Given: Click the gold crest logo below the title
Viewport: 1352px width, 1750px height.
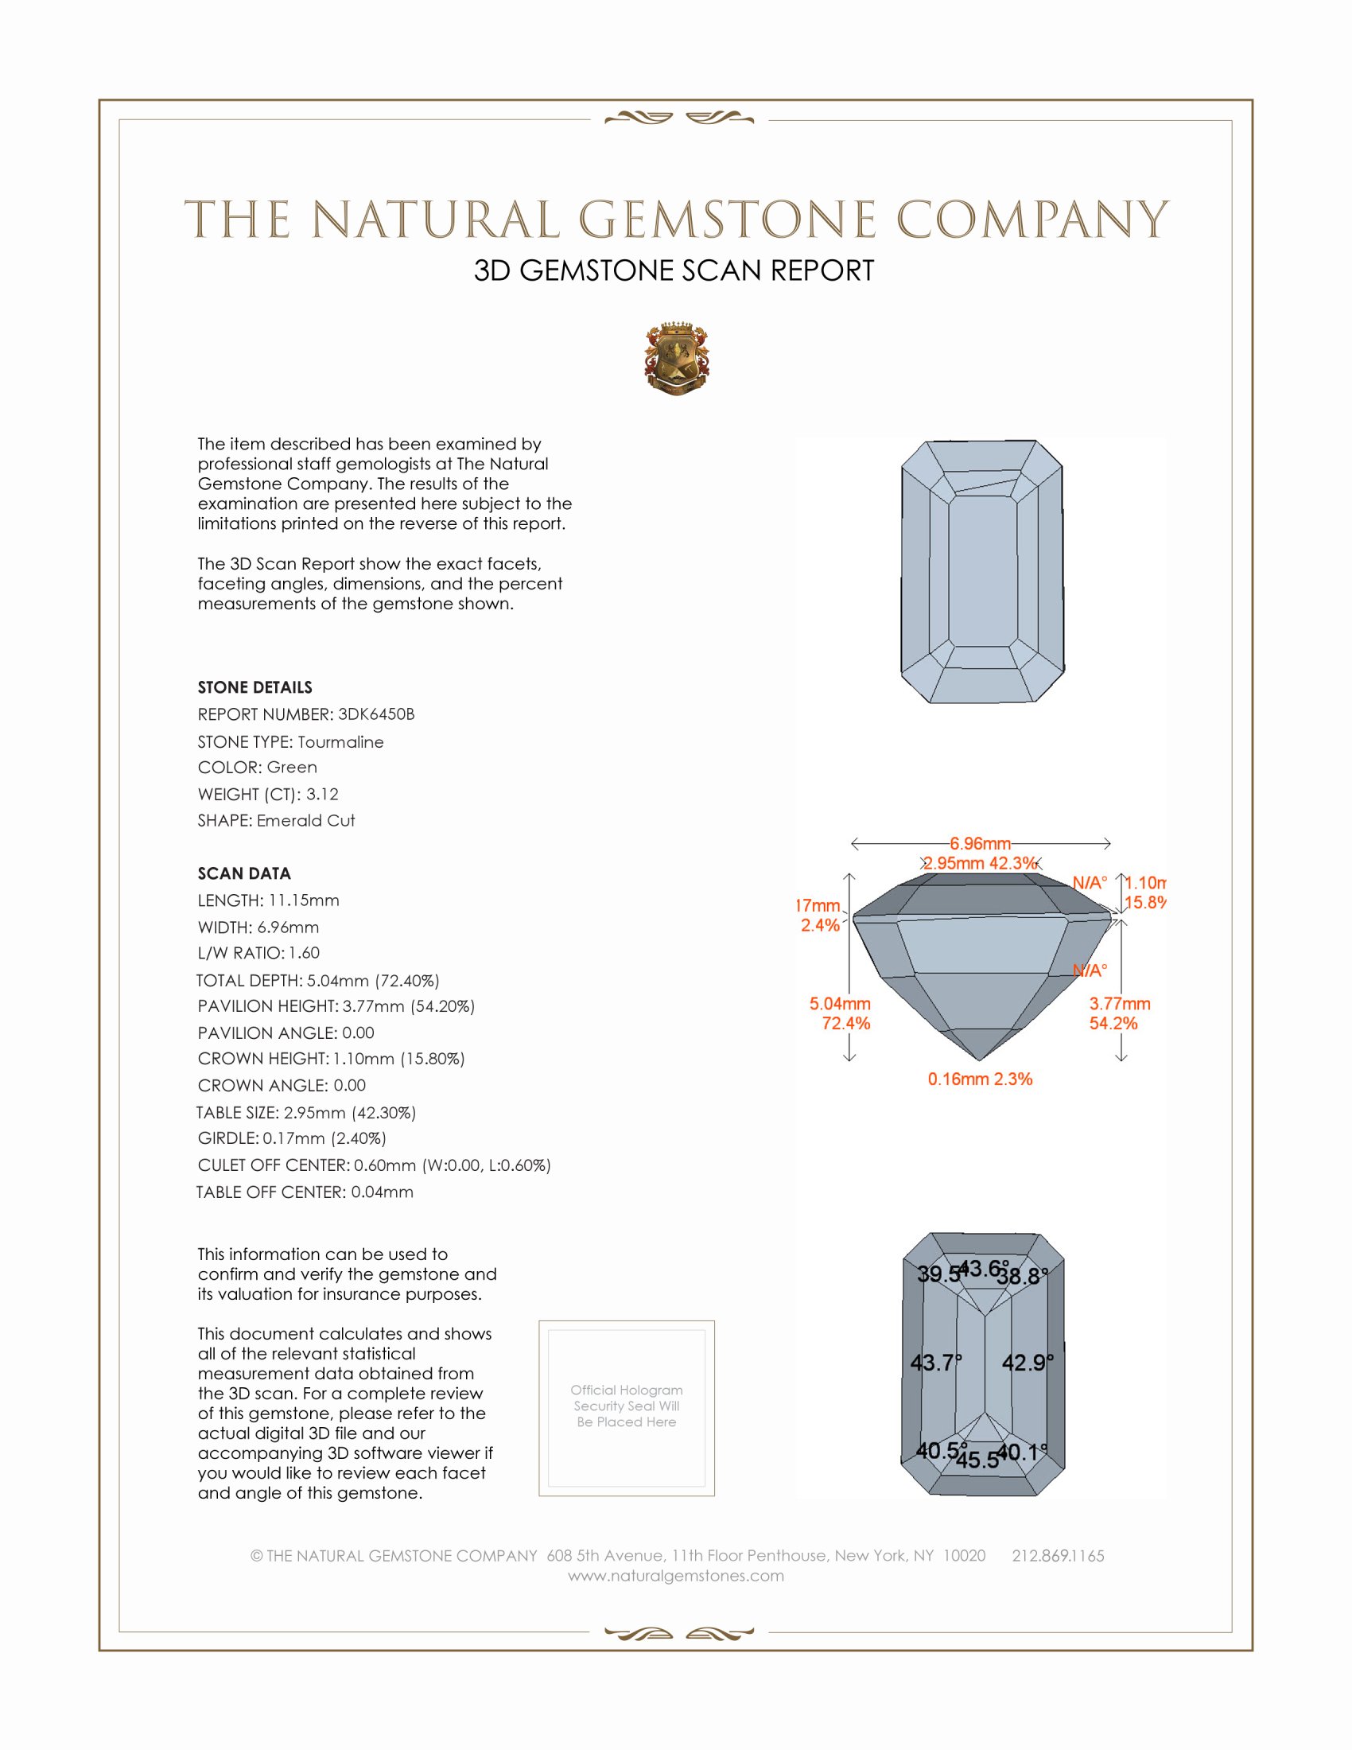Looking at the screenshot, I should click(x=676, y=360).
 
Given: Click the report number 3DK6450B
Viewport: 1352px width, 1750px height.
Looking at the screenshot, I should click(x=375, y=714).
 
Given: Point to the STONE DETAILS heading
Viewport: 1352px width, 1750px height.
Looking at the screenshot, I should click(x=254, y=687).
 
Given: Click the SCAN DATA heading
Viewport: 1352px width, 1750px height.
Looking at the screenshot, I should click(x=244, y=873).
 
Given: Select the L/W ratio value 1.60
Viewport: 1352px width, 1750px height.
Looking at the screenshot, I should click(x=305, y=953).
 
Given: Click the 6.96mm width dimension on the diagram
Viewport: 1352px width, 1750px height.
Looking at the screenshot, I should click(x=980, y=844).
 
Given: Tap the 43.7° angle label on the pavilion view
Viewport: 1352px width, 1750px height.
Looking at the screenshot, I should click(x=935, y=1362).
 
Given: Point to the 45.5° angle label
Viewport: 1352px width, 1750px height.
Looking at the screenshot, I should click(x=977, y=1460).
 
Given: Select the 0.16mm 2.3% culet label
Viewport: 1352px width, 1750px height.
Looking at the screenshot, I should click(x=980, y=1079).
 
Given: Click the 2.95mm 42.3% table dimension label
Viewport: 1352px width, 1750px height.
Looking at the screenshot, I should click(x=980, y=863).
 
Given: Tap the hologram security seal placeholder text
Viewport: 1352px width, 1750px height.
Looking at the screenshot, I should click(x=627, y=1406).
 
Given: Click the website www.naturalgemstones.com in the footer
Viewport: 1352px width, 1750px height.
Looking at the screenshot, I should click(x=676, y=1575).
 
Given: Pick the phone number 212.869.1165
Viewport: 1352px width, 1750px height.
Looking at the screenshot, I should click(x=1057, y=1555).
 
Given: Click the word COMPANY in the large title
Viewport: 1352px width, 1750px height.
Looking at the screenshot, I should click(x=1032, y=220).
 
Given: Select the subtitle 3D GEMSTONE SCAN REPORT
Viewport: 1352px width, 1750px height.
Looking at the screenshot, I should click(x=674, y=270).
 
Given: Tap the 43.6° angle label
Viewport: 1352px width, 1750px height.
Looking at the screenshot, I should click(x=983, y=1269).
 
